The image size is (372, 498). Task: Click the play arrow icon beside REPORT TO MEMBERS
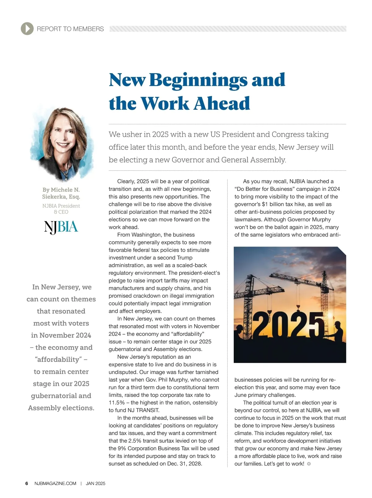coord(27,29)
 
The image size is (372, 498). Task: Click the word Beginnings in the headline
coord(198,80)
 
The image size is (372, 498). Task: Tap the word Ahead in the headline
coord(222,104)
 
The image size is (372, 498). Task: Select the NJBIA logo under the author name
coord(61,227)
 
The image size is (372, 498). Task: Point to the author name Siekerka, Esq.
coord(61,197)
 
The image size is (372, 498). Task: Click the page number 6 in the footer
coord(27,483)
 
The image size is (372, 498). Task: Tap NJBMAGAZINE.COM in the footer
coord(55,483)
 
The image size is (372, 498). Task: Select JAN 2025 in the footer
coord(95,483)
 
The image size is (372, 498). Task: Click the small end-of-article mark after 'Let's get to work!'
coord(309,464)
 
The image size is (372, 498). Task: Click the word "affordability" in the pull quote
coord(59,360)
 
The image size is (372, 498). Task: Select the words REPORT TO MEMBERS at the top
coord(70,29)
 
